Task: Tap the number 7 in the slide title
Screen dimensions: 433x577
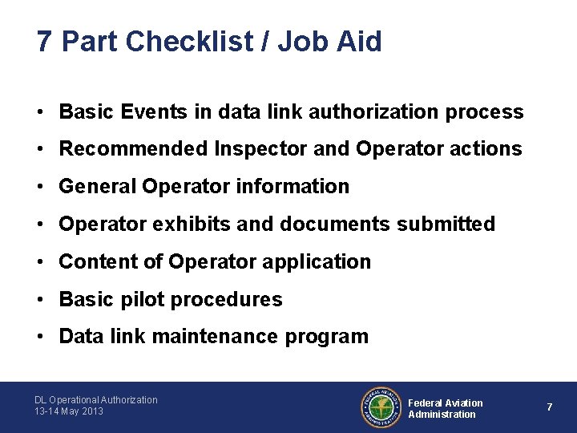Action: pyautogui.click(x=45, y=41)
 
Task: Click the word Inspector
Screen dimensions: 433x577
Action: pyautogui.click(x=256, y=149)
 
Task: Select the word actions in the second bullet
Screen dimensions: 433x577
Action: pyautogui.click(x=484, y=149)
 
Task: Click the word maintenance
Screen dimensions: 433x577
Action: pyautogui.click(x=214, y=337)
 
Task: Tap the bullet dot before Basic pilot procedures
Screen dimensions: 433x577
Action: pyautogui.click(x=39, y=300)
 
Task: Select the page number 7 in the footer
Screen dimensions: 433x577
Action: pyautogui.click(x=550, y=407)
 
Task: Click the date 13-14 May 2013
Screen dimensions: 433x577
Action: pyautogui.click(x=69, y=411)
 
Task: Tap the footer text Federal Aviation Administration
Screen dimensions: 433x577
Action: pyautogui.click(x=446, y=408)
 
